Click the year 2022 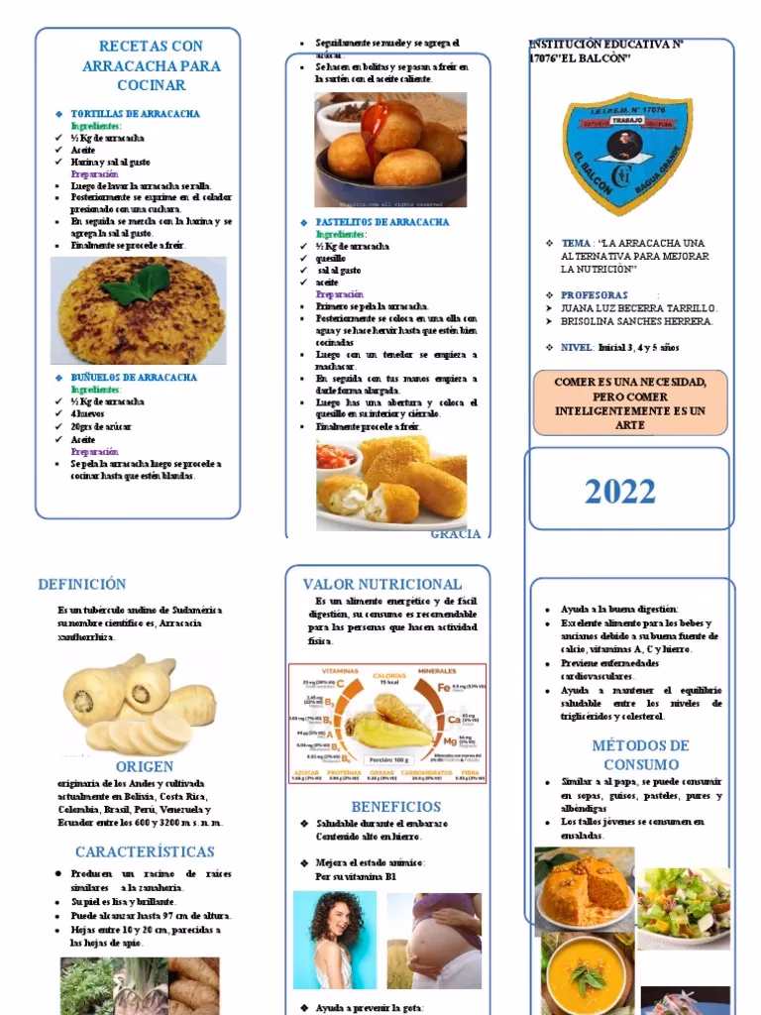coord(619,492)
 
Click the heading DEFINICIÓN coord(82,584)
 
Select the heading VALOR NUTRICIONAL coord(381,584)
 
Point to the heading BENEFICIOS coord(396,806)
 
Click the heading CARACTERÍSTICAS coord(145,851)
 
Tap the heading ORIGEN coord(145,766)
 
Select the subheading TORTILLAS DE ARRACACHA coord(135,114)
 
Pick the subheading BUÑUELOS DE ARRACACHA coord(134,378)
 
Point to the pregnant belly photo coord(435,939)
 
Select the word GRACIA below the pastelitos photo coord(456,534)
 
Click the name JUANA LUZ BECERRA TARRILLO coord(637,308)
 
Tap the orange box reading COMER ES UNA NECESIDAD coord(630,403)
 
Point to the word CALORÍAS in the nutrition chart coord(388,675)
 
